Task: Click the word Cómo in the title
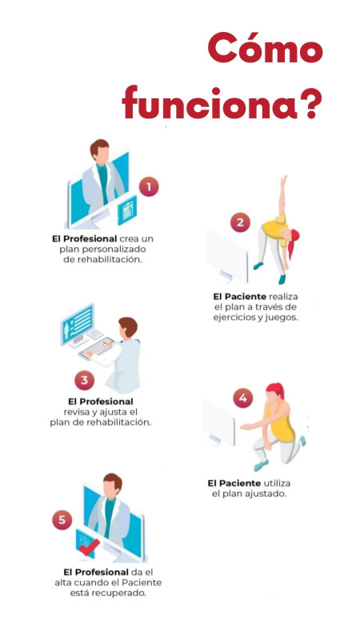pyautogui.click(x=266, y=48)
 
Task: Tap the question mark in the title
pyautogui.click(x=310, y=103)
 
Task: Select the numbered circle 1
pyautogui.click(x=149, y=187)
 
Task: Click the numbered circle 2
pyautogui.click(x=240, y=222)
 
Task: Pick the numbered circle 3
pyautogui.click(x=84, y=381)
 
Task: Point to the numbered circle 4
pyautogui.click(x=243, y=398)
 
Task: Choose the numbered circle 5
pyautogui.click(x=62, y=520)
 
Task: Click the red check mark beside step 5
pyautogui.click(x=89, y=546)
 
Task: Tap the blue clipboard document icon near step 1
pyautogui.click(x=127, y=210)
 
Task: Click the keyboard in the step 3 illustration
pyautogui.click(x=96, y=349)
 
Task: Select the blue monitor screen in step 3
pyautogui.click(x=77, y=324)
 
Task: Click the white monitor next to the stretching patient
pyautogui.click(x=226, y=255)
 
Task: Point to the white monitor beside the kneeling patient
pyautogui.click(x=218, y=423)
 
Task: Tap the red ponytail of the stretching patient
pyautogui.click(x=293, y=244)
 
